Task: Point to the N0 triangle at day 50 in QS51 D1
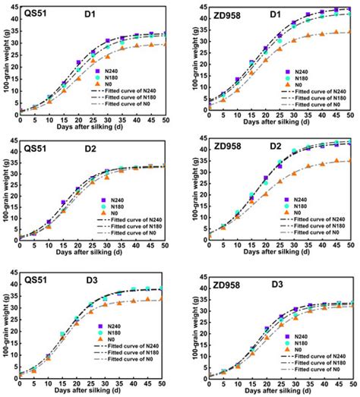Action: pos(165,44)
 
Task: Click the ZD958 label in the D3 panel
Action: pos(230,282)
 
